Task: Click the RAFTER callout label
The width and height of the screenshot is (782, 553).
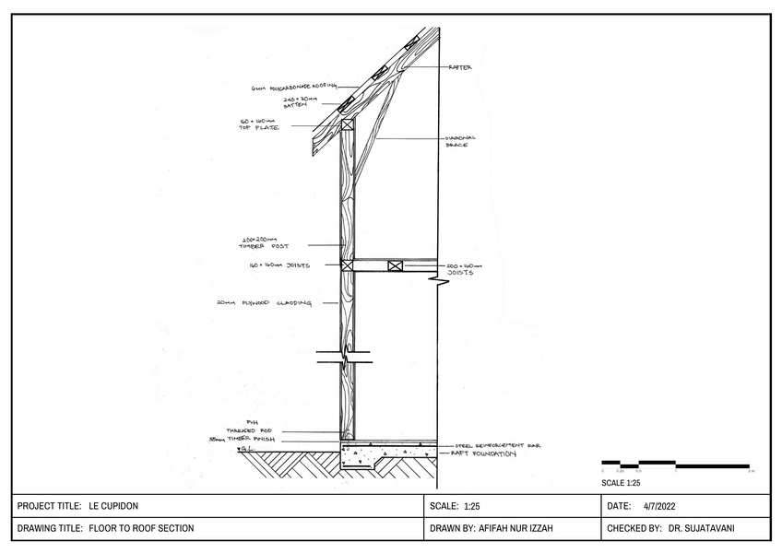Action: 461,67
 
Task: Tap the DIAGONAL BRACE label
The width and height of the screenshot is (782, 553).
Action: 458,142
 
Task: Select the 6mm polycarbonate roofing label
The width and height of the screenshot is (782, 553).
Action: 288,88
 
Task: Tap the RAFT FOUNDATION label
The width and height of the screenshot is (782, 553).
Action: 482,454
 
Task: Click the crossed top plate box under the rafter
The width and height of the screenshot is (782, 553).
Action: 347,124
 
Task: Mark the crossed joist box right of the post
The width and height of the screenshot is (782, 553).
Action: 396,265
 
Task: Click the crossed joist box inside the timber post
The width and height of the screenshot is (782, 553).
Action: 347,265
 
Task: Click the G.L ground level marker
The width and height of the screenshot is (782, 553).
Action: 245,450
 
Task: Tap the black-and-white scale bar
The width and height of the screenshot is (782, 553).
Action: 675,465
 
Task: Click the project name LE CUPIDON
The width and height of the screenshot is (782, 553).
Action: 113,506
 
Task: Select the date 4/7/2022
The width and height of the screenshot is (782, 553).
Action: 660,506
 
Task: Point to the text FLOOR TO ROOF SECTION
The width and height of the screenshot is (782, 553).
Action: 141,529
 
